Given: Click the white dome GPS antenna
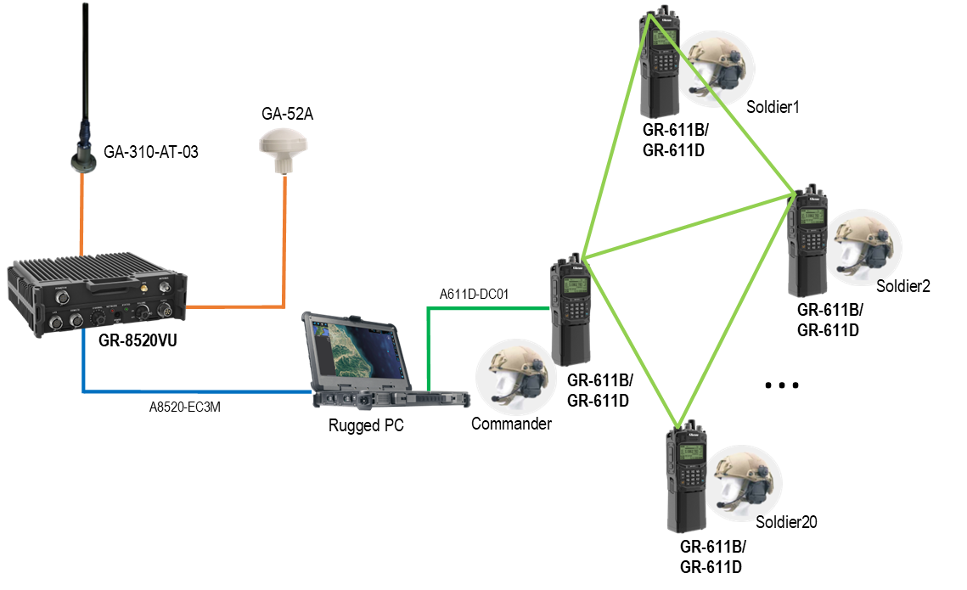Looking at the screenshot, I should (x=282, y=150).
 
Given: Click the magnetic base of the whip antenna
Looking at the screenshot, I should (x=84, y=159).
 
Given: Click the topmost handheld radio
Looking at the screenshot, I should (x=660, y=64).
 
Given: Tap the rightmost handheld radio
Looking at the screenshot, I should (x=807, y=242).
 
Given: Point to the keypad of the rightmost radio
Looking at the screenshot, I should (x=812, y=240).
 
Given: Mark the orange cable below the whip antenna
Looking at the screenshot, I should (x=82, y=212).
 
